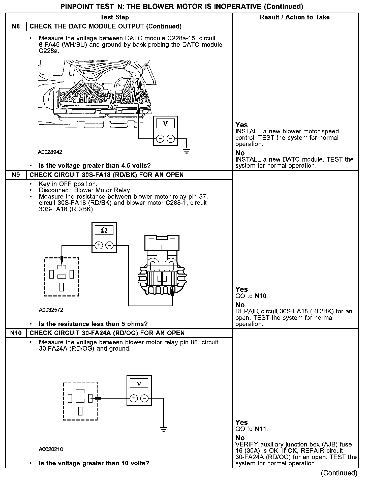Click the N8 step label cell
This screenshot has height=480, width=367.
point(16,26)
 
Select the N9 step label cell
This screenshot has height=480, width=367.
point(16,175)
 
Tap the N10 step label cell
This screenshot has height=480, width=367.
point(16,333)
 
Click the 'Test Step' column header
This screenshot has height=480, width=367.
point(114,17)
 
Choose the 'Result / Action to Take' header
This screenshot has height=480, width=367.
point(295,17)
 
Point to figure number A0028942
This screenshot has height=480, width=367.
point(50,152)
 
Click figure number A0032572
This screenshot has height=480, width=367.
point(51,310)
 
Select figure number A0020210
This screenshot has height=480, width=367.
point(51,449)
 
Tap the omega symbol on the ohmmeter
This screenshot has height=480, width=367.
point(104,230)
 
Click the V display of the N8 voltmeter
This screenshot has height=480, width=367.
point(165,124)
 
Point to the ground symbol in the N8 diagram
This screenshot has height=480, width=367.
point(186,151)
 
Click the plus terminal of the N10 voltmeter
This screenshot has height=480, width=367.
point(134,398)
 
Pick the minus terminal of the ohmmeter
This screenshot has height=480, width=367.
point(109,245)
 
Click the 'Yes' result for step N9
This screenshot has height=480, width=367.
point(241,289)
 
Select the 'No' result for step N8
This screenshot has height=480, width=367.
point(240,153)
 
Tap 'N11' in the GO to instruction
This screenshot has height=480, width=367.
point(261,429)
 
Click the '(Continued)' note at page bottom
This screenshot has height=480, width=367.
point(339,473)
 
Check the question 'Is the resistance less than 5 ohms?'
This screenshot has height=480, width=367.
point(93,324)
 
